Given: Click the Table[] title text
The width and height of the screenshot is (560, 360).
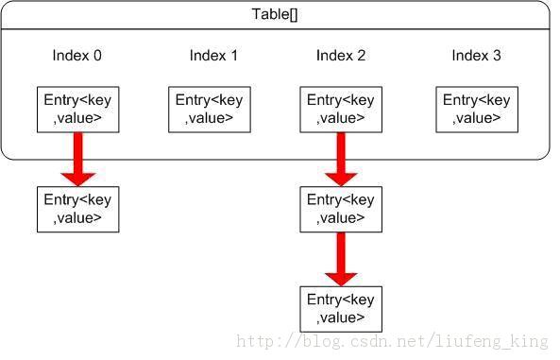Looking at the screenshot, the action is pos(275,14).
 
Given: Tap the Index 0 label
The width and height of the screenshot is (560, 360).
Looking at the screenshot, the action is pos(76,56).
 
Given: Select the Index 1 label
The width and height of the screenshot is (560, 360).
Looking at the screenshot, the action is pos(213,56).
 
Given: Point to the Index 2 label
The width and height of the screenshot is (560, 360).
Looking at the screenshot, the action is pos(341,56).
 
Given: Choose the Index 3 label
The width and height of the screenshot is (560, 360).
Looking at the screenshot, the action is pos(476,56).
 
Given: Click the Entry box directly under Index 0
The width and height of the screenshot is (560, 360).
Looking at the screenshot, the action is pos(77,110).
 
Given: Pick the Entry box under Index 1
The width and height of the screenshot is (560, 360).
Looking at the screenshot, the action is pos(210,110).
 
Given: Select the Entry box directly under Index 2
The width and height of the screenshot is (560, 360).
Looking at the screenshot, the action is pos(341,110).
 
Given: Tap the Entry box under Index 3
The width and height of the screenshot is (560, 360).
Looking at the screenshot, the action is pos(477,110).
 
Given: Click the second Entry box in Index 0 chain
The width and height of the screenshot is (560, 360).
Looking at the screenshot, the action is pos(77,209).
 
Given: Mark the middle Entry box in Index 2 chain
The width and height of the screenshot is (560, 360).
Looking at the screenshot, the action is pos(341,209).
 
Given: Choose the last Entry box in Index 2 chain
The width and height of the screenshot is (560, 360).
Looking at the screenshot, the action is pos(341,309).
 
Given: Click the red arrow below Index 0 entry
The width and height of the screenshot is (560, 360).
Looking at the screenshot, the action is pos(77,160).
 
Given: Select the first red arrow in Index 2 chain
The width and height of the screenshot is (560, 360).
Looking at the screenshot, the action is pos(341,160).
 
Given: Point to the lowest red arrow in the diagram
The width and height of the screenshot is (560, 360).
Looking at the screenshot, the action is pos(341,259).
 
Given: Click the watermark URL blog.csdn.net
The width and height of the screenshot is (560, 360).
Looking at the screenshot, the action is pos(392,341).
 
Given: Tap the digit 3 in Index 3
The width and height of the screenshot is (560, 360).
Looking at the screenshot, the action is pos(497,56).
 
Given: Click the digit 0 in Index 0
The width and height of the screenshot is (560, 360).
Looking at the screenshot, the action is pos(97,56).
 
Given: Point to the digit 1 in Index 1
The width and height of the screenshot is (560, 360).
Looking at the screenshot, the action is pos(234,56).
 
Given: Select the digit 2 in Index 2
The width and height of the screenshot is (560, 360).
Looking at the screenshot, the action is pos(361,56).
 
